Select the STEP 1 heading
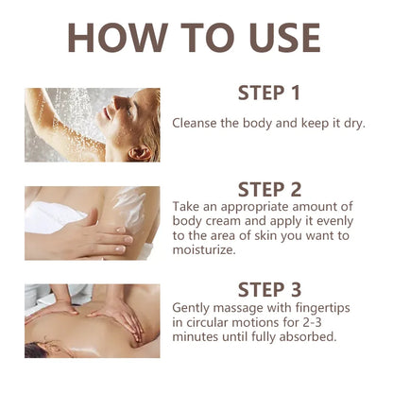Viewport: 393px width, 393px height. click(269, 94)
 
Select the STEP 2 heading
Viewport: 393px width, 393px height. click(269, 191)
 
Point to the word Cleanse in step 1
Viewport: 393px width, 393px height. click(196, 123)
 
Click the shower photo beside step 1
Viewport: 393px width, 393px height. click(92, 125)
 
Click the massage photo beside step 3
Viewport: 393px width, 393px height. click(92, 320)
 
